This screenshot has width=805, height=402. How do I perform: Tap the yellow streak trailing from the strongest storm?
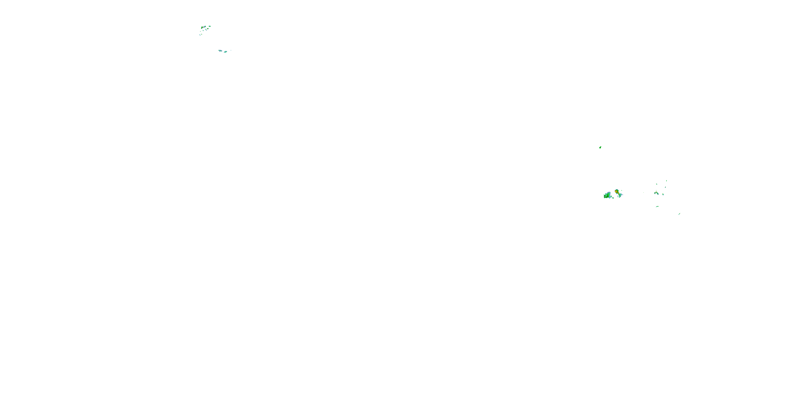[619, 193]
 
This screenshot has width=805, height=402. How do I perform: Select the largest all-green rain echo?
[608, 196]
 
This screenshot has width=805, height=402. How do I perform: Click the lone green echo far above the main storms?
[600, 147]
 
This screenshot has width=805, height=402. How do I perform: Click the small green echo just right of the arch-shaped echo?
[663, 195]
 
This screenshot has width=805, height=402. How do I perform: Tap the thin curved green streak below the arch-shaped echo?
[657, 207]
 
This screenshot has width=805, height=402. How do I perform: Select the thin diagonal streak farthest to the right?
[679, 214]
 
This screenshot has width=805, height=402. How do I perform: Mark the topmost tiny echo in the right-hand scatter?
[667, 181]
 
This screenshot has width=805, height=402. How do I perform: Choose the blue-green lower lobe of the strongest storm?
[620, 196]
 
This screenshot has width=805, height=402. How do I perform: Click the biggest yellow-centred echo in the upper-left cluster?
[202, 27]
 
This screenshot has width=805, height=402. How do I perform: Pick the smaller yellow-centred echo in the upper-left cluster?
[207, 29]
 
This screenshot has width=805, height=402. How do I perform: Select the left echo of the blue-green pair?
[220, 51]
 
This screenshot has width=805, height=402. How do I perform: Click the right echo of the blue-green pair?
[226, 52]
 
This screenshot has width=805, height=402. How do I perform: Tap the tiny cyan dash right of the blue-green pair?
[231, 50]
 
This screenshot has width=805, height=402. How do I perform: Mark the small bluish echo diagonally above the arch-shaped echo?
[665, 187]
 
